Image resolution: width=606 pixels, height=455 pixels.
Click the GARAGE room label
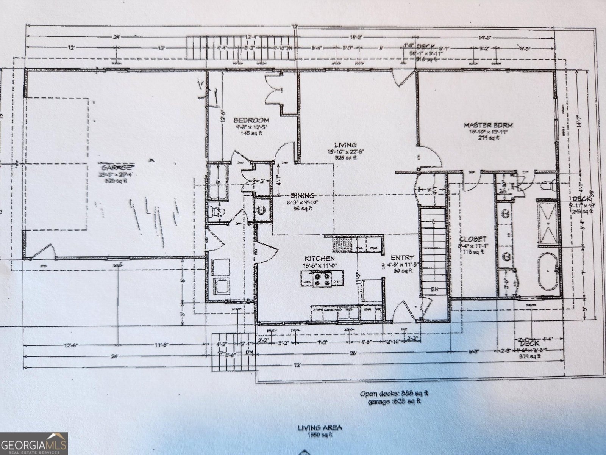(x=117, y=167)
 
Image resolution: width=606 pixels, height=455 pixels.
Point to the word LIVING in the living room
(x=345, y=144)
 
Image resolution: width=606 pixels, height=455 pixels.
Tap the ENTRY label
(x=403, y=257)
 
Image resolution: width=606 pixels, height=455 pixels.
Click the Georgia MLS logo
(x=34, y=443)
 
